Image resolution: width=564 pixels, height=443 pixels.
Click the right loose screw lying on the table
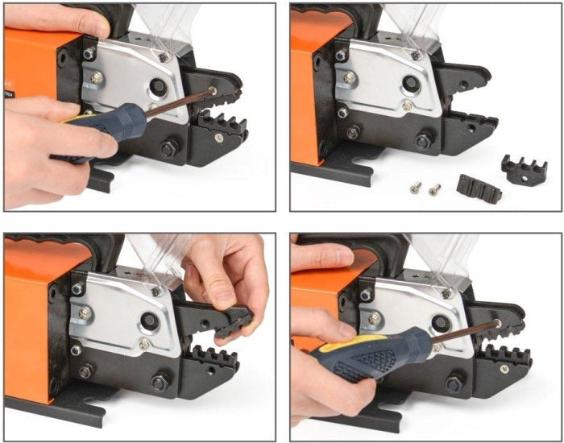434,189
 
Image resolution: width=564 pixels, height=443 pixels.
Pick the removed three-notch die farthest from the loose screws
523,166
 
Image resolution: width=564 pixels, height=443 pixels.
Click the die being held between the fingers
238,317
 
